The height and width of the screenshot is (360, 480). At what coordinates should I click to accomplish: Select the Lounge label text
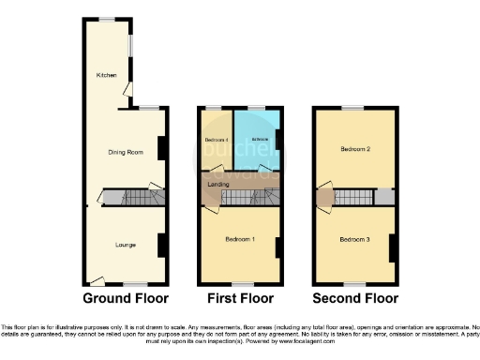(x=126, y=245)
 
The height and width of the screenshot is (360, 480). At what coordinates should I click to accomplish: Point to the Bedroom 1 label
(x=239, y=239)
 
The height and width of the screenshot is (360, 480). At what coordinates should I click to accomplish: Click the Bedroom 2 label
(x=353, y=149)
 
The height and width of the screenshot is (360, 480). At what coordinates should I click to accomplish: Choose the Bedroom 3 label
(x=354, y=241)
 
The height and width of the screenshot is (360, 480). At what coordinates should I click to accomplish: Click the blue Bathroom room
(x=255, y=141)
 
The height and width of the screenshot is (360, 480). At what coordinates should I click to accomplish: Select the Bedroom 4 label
(x=216, y=141)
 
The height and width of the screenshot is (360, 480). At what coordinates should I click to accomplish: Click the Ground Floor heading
(x=126, y=299)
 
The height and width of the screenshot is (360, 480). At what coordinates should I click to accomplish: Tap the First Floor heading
(x=238, y=299)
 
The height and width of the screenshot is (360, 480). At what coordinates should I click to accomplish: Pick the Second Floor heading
(x=355, y=299)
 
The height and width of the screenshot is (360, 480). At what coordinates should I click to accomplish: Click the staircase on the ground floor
(x=131, y=198)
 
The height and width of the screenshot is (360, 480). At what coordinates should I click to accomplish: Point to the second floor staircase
(x=352, y=197)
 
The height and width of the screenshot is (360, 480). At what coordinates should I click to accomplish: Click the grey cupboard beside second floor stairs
(x=383, y=197)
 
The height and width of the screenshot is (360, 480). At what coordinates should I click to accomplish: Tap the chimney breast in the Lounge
(x=162, y=244)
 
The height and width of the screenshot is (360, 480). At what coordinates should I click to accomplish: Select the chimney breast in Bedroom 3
(x=392, y=247)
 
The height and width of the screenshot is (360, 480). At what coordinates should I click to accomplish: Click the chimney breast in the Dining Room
(x=162, y=148)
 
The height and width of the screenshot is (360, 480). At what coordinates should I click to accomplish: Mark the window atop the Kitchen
(x=108, y=20)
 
